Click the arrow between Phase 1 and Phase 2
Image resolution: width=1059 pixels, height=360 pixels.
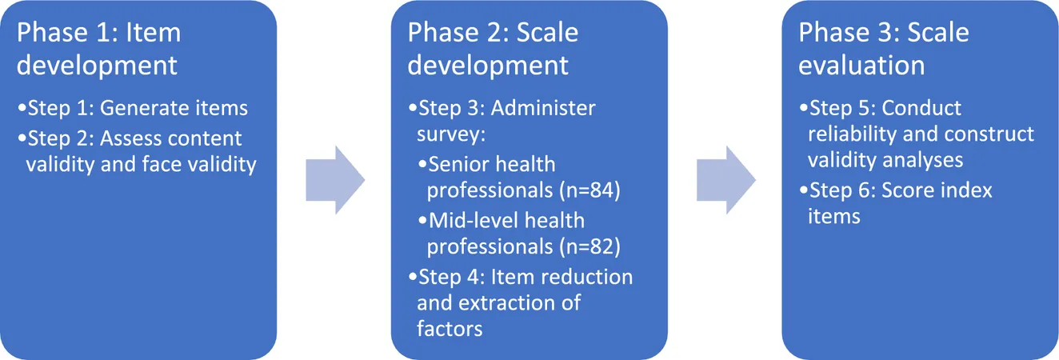pos(335,180)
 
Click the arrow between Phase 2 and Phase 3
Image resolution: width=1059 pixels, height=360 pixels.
pos(726,180)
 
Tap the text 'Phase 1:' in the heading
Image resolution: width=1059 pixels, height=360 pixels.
pos(68,33)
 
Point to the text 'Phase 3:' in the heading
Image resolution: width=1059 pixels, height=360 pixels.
pos(849,33)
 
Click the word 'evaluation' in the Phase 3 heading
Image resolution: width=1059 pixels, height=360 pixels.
pos(861,66)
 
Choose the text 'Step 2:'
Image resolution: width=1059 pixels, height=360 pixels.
pos(61,138)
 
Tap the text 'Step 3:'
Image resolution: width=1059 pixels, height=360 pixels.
pos(451,108)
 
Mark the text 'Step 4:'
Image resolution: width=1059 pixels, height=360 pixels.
pos(451,278)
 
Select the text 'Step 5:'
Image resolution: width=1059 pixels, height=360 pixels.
pos(842,108)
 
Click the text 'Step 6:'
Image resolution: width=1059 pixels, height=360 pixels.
pos(842,190)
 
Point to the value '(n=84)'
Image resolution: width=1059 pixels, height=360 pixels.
pos(590,190)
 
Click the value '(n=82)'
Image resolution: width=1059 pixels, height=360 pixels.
pos(590,247)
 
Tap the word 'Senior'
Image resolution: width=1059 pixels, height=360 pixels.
pos(457,165)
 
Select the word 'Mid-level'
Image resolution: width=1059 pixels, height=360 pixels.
pos(473,221)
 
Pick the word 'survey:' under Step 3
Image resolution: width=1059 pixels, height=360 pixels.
pos(451,135)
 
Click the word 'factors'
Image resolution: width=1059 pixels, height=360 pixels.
pos(450,329)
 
